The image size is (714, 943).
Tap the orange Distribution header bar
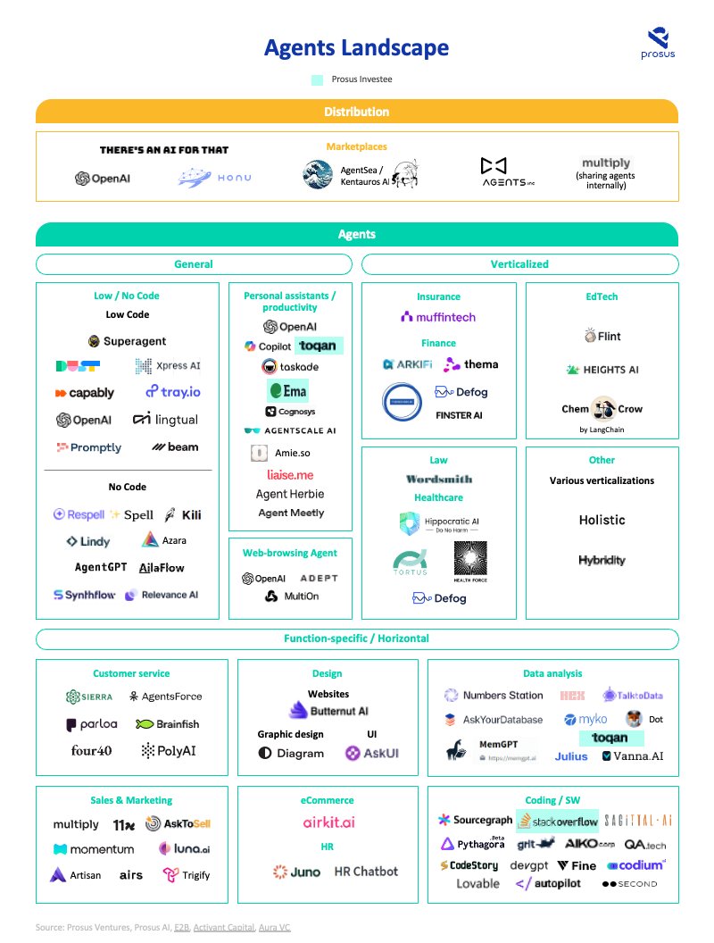pos(357,112)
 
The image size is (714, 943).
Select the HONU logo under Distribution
pos(214,178)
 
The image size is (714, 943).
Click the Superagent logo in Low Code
pos(128,341)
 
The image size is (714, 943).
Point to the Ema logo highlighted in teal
pos(287,390)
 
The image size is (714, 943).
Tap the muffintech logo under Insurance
pos(438,317)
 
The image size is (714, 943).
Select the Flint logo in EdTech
pos(602,337)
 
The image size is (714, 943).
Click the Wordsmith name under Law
pos(439,479)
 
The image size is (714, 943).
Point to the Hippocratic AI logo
pos(438,523)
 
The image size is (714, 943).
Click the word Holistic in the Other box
pos(602,520)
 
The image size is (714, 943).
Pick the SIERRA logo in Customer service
pos(89,697)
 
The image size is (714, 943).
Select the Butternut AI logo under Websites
pos(328,711)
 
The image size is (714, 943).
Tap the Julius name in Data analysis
pos(571,756)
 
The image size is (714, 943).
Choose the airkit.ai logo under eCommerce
pos(328,822)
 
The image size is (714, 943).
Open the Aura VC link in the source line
pos(274,928)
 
